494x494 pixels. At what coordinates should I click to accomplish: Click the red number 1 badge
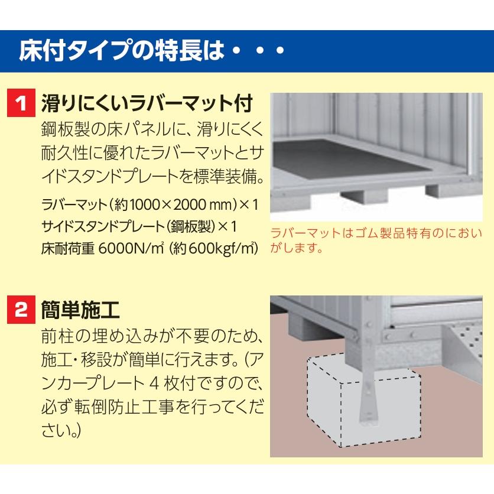click(x=21, y=103)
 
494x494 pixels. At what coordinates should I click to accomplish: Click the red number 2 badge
click(x=21, y=310)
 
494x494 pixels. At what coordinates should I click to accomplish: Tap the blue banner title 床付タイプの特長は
click(x=122, y=50)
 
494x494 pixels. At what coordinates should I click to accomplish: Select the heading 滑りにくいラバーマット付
click(x=147, y=103)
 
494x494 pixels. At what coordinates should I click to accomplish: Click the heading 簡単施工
click(x=80, y=310)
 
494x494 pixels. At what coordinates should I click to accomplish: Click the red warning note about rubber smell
click(x=376, y=240)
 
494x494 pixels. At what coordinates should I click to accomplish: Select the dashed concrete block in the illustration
click(x=364, y=402)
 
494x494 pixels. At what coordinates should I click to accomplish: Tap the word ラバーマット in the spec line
click(x=74, y=205)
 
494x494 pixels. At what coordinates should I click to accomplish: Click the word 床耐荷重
click(x=68, y=249)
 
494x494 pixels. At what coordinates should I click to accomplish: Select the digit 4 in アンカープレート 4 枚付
click(x=154, y=383)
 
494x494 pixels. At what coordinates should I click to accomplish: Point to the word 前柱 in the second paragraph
click(x=58, y=336)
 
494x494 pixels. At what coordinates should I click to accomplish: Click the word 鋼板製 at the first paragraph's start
click(x=66, y=129)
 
